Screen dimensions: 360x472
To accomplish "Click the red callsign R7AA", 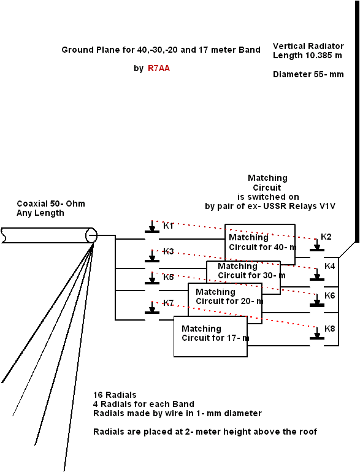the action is click(159, 68).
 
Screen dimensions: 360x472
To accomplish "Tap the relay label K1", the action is click(169, 226).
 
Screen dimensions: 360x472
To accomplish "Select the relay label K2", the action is click(326, 237).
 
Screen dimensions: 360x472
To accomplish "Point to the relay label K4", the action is click(329, 266).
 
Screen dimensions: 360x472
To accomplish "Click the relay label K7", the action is click(169, 303).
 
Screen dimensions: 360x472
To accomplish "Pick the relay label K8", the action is click(329, 329).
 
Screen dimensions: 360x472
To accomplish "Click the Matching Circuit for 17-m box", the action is click(210, 337).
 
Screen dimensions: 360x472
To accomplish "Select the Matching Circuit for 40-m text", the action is click(262, 242).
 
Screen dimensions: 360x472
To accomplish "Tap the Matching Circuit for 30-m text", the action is click(251, 270).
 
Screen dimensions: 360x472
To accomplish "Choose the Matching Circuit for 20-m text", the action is click(229, 297).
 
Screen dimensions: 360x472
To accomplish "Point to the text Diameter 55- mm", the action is click(308, 74).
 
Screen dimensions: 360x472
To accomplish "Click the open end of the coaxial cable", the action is click(91, 235).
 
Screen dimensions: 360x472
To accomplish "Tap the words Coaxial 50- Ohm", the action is click(51, 204).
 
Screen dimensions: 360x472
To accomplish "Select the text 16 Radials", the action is click(115, 395).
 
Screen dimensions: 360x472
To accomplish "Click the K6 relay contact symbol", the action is click(317, 300).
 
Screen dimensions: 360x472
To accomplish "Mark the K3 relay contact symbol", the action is click(152, 256).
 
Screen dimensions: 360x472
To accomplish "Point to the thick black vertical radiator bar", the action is click(358, 121).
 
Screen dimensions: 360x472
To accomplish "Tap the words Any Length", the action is click(40, 213).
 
